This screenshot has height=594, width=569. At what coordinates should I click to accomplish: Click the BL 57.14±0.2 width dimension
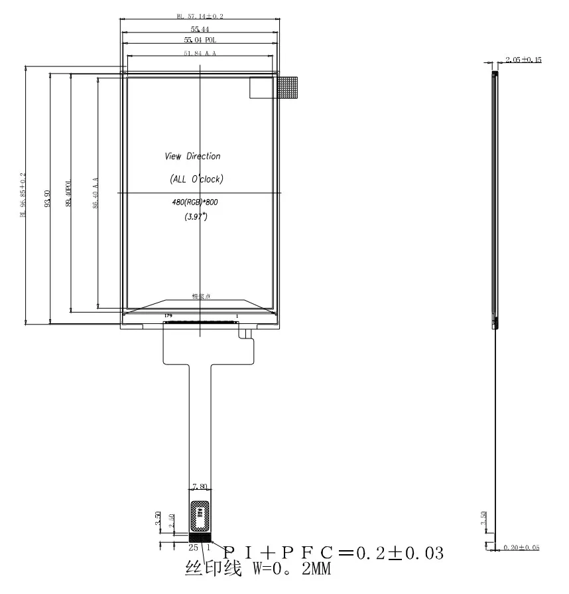(x=200, y=16)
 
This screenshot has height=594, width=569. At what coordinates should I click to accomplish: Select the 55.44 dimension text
(x=200, y=29)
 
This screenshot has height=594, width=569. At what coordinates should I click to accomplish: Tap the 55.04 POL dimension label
(x=200, y=41)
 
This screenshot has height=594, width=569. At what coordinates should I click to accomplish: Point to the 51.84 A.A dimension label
(x=200, y=53)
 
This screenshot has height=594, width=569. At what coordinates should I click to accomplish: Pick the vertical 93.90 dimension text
(x=47, y=198)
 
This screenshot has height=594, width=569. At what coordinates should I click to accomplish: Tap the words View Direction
(x=192, y=157)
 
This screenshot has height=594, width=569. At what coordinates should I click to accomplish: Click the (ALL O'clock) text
(x=196, y=179)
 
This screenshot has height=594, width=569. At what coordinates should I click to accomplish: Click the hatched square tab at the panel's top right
(x=287, y=88)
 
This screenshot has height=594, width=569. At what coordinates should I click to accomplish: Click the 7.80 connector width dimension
(x=200, y=487)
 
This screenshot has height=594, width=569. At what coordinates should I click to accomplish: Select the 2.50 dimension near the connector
(x=171, y=521)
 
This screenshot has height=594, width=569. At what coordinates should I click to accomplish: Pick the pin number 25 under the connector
(x=193, y=548)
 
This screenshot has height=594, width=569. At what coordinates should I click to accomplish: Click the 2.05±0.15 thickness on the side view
(x=523, y=60)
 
